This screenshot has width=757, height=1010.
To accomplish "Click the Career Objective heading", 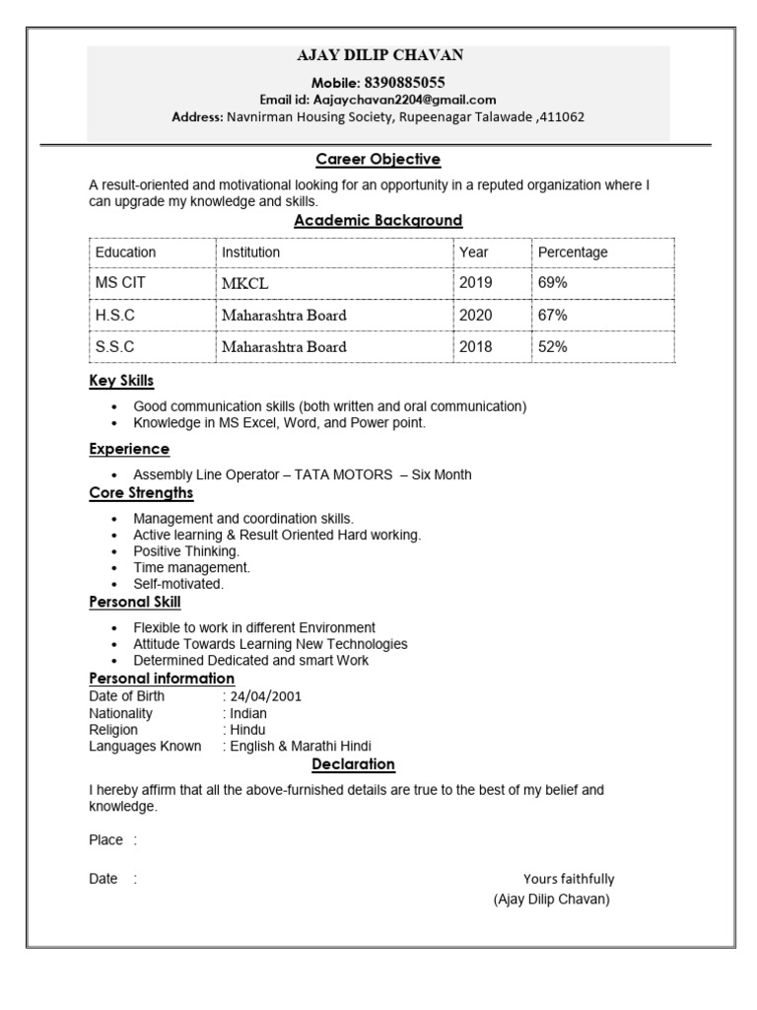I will (x=378, y=159).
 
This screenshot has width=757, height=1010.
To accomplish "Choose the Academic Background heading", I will (x=378, y=220).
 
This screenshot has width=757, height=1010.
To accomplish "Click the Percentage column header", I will (x=573, y=252).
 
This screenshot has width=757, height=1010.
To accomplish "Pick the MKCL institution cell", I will (x=244, y=284).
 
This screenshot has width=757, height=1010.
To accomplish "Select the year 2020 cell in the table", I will (x=475, y=316).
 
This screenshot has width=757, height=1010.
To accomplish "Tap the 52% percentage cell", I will (x=552, y=347).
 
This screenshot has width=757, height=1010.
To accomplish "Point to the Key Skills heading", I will (x=121, y=381).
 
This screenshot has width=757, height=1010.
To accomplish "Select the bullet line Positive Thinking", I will (x=186, y=551).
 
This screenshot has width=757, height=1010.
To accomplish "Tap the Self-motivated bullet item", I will (x=178, y=583).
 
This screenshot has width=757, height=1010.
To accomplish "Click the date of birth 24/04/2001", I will (x=266, y=696).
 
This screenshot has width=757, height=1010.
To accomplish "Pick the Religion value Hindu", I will (x=247, y=730).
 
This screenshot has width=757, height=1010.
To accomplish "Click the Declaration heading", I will (x=353, y=764).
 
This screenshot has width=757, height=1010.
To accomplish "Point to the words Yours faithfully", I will (x=568, y=879).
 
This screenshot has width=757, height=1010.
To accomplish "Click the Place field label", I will (x=105, y=840).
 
